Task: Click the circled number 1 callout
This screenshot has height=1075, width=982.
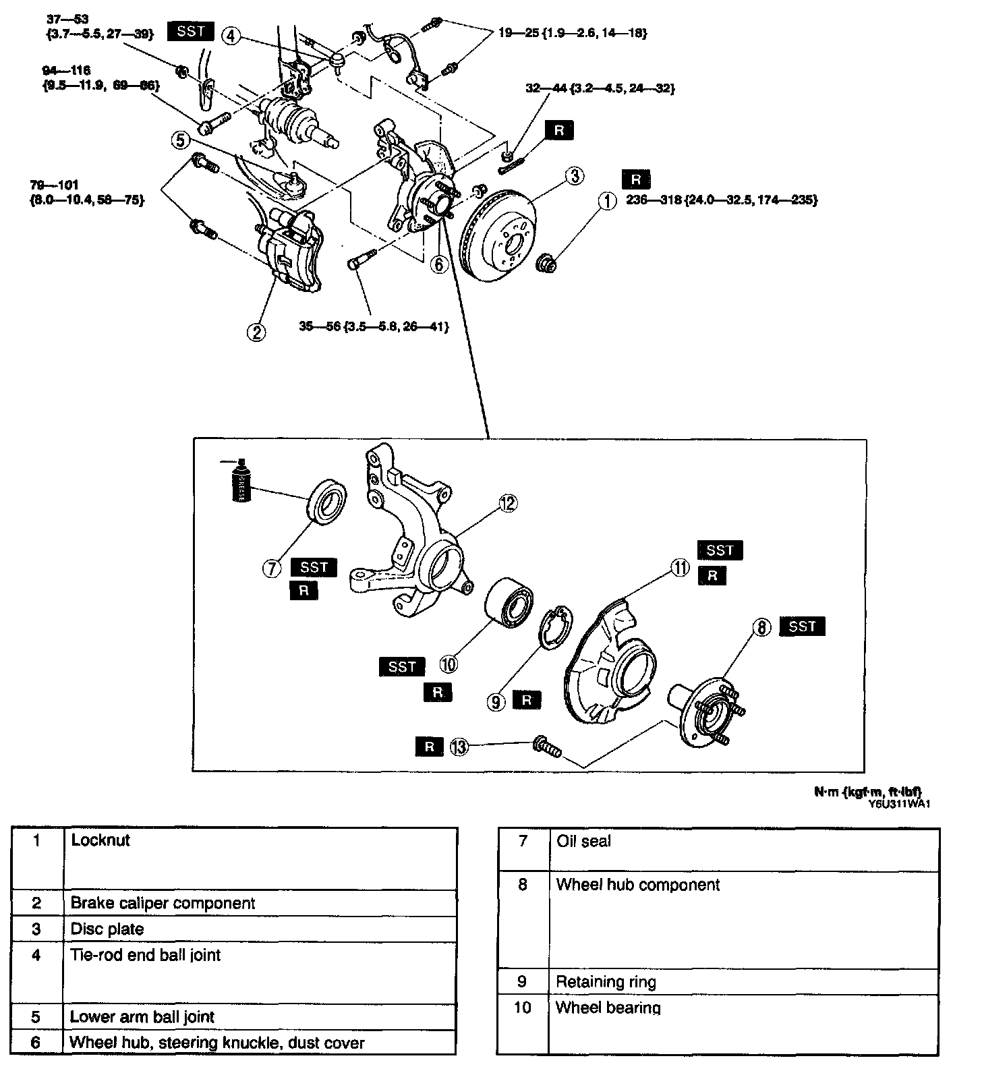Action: point(607,201)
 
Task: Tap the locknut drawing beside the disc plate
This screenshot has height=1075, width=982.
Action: point(545,264)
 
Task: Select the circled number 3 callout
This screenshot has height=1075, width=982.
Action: point(574,177)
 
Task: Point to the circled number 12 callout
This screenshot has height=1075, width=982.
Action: point(507,502)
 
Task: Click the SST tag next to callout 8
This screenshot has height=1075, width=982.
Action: point(802,627)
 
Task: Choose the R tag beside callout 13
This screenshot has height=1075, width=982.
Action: point(429,746)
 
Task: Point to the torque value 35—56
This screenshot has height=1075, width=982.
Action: point(374,327)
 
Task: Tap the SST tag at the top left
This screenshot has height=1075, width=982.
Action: point(191,32)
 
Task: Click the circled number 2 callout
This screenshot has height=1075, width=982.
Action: point(256,331)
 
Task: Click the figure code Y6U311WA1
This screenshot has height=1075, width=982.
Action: point(894,803)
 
